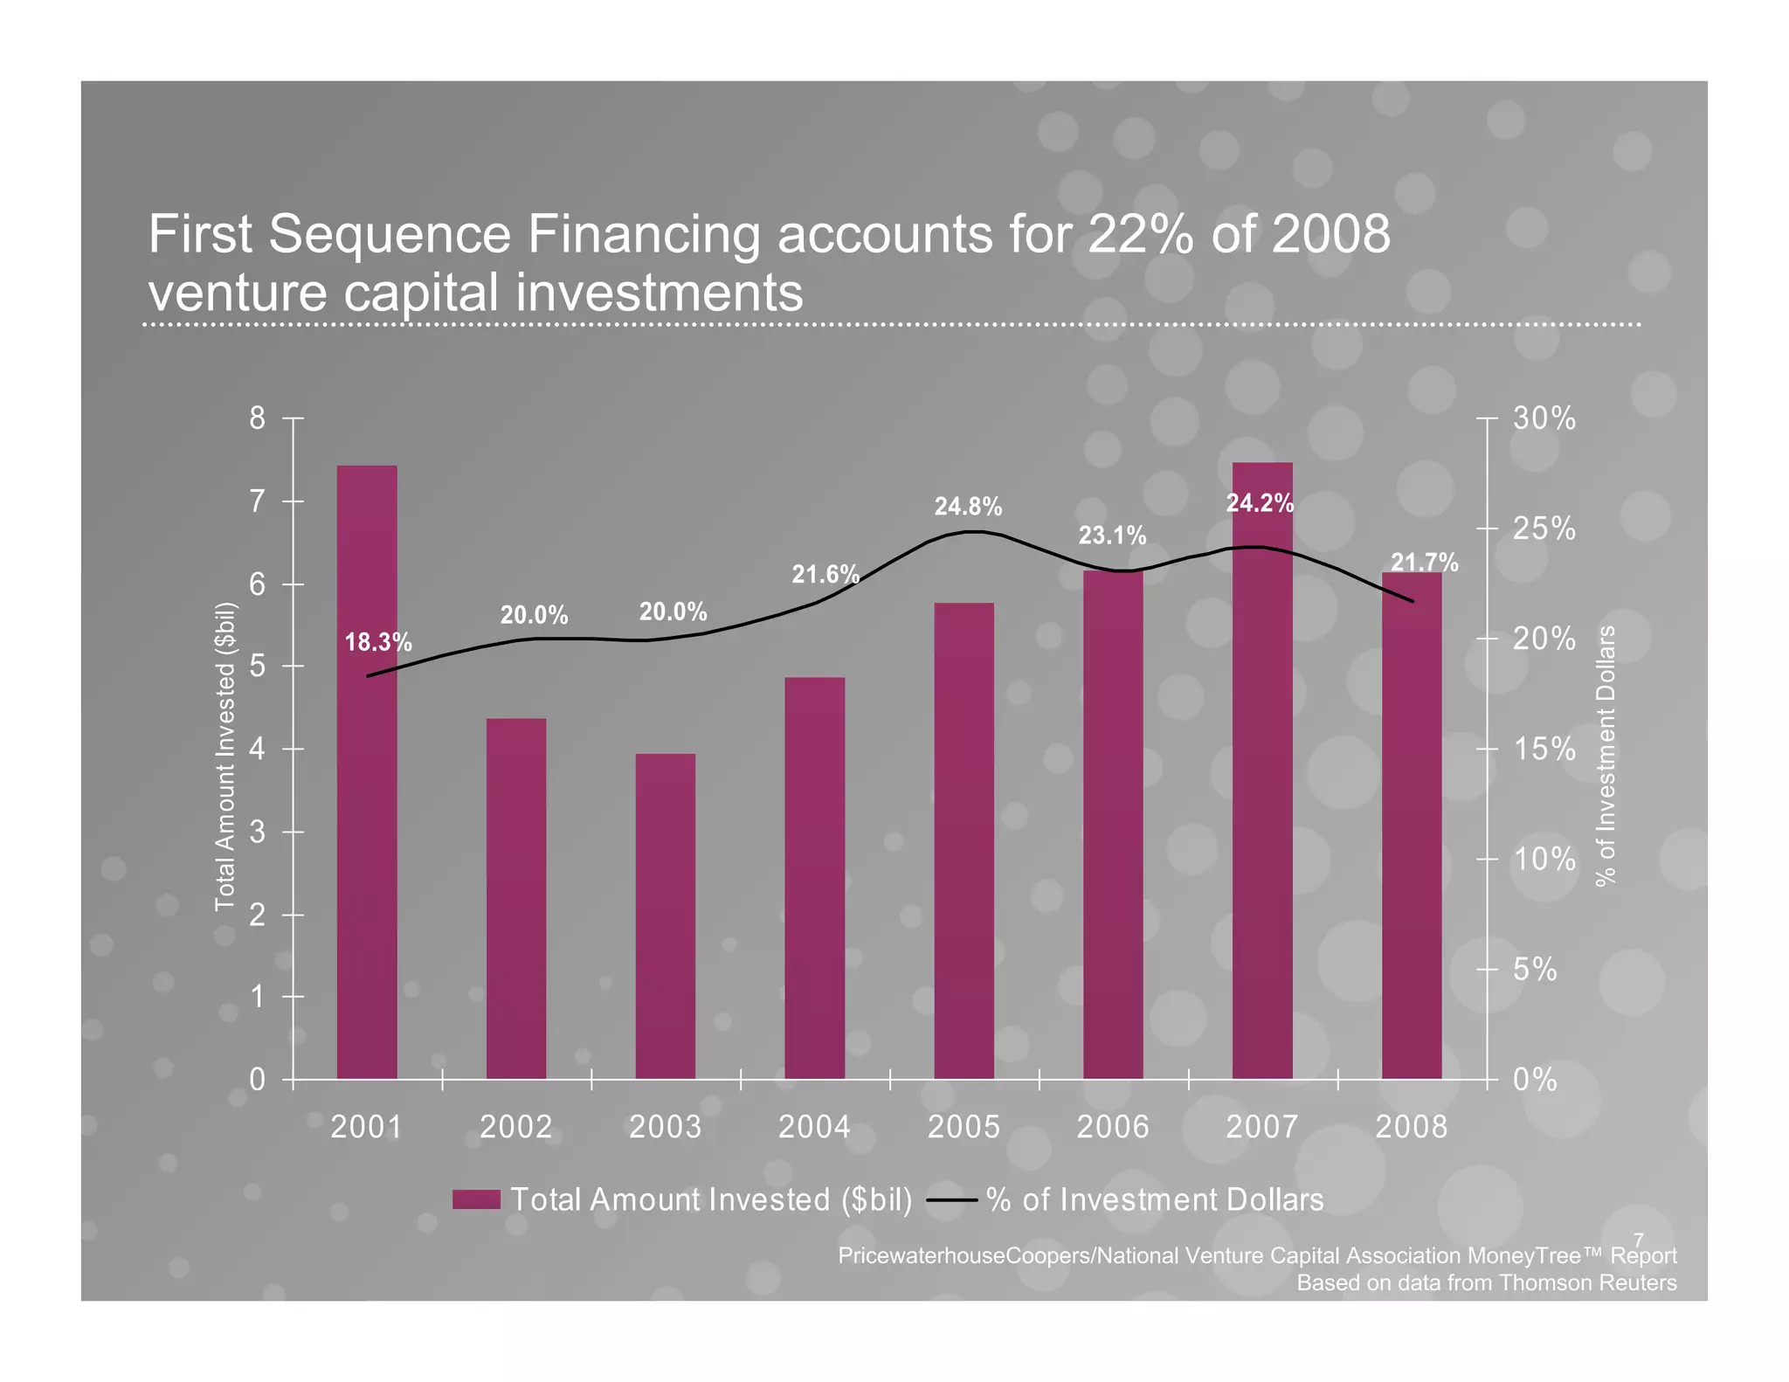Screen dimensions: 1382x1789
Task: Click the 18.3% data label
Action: (378, 642)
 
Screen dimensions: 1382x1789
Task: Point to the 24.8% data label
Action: (968, 506)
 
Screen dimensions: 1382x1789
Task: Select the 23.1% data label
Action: (1112, 535)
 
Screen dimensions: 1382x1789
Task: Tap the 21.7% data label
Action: (1424, 563)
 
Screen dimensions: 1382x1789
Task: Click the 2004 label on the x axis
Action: (814, 1127)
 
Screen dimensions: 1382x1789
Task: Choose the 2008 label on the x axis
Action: (1411, 1127)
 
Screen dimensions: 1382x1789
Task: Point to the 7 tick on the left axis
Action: (257, 501)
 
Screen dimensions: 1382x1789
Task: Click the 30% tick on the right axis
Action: (1544, 418)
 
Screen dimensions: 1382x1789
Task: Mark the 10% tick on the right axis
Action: (1544, 860)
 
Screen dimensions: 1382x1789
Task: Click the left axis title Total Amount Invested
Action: (225, 756)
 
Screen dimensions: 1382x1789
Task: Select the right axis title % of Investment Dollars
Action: (1606, 756)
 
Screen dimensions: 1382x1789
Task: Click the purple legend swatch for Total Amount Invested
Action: (476, 1199)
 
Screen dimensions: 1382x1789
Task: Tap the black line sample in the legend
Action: (951, 1199)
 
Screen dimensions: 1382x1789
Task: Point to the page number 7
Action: (1639, 1240)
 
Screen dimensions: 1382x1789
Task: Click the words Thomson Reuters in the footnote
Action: (1587, 1282)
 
